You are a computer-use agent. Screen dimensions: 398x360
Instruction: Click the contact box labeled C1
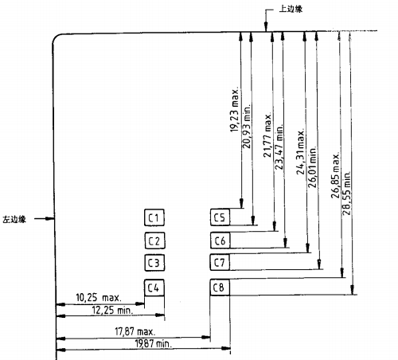tap(154, 217)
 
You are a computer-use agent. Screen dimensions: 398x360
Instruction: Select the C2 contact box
tap(155, 241)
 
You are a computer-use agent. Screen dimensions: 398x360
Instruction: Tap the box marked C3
tap(154, 263)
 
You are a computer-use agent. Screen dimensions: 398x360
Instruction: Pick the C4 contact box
tap(154, 288)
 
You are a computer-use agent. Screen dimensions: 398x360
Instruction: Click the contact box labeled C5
tap(220, 217)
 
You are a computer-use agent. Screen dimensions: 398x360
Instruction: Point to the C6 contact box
tap(220, 241)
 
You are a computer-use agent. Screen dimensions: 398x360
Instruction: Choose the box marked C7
tap(220, 262)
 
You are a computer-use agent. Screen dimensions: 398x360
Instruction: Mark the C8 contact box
tap(220, 287)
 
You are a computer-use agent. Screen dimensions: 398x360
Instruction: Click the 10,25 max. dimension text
tap(99, 297)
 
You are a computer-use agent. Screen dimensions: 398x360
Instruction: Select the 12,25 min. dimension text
tap(112, 310)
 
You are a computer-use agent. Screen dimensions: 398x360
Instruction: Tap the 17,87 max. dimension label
tap(135, 331)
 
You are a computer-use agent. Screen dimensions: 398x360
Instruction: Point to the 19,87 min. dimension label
tap(154, 343)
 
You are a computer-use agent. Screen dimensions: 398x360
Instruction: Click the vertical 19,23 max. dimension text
tap(234, 111)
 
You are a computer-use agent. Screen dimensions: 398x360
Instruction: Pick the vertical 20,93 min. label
tap(246, 127)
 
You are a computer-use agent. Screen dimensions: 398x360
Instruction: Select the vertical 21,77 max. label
tap(267, 135)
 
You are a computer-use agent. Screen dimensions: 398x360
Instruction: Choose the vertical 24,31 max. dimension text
tap(300, 152)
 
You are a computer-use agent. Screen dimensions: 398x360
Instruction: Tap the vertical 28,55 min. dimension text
tap(346, 193)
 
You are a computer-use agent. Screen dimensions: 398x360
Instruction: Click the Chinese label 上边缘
tap(291, 9)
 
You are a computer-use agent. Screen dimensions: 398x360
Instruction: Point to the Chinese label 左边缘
tap(14, 219)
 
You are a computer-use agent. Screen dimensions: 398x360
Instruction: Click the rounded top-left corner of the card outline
tap(55, 37)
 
